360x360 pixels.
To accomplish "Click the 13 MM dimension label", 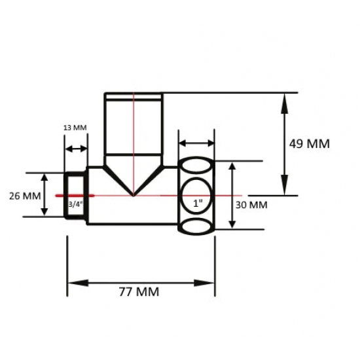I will [x=75, y=128].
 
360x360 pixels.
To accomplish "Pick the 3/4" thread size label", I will [x=75, y=204].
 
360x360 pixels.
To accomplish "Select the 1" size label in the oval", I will [x=197, y=203].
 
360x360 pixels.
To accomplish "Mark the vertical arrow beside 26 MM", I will [x=45, y=194].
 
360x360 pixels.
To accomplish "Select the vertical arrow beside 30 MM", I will [x=231, y=195].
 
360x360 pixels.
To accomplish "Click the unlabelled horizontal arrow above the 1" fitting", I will [x=196, y=143].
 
